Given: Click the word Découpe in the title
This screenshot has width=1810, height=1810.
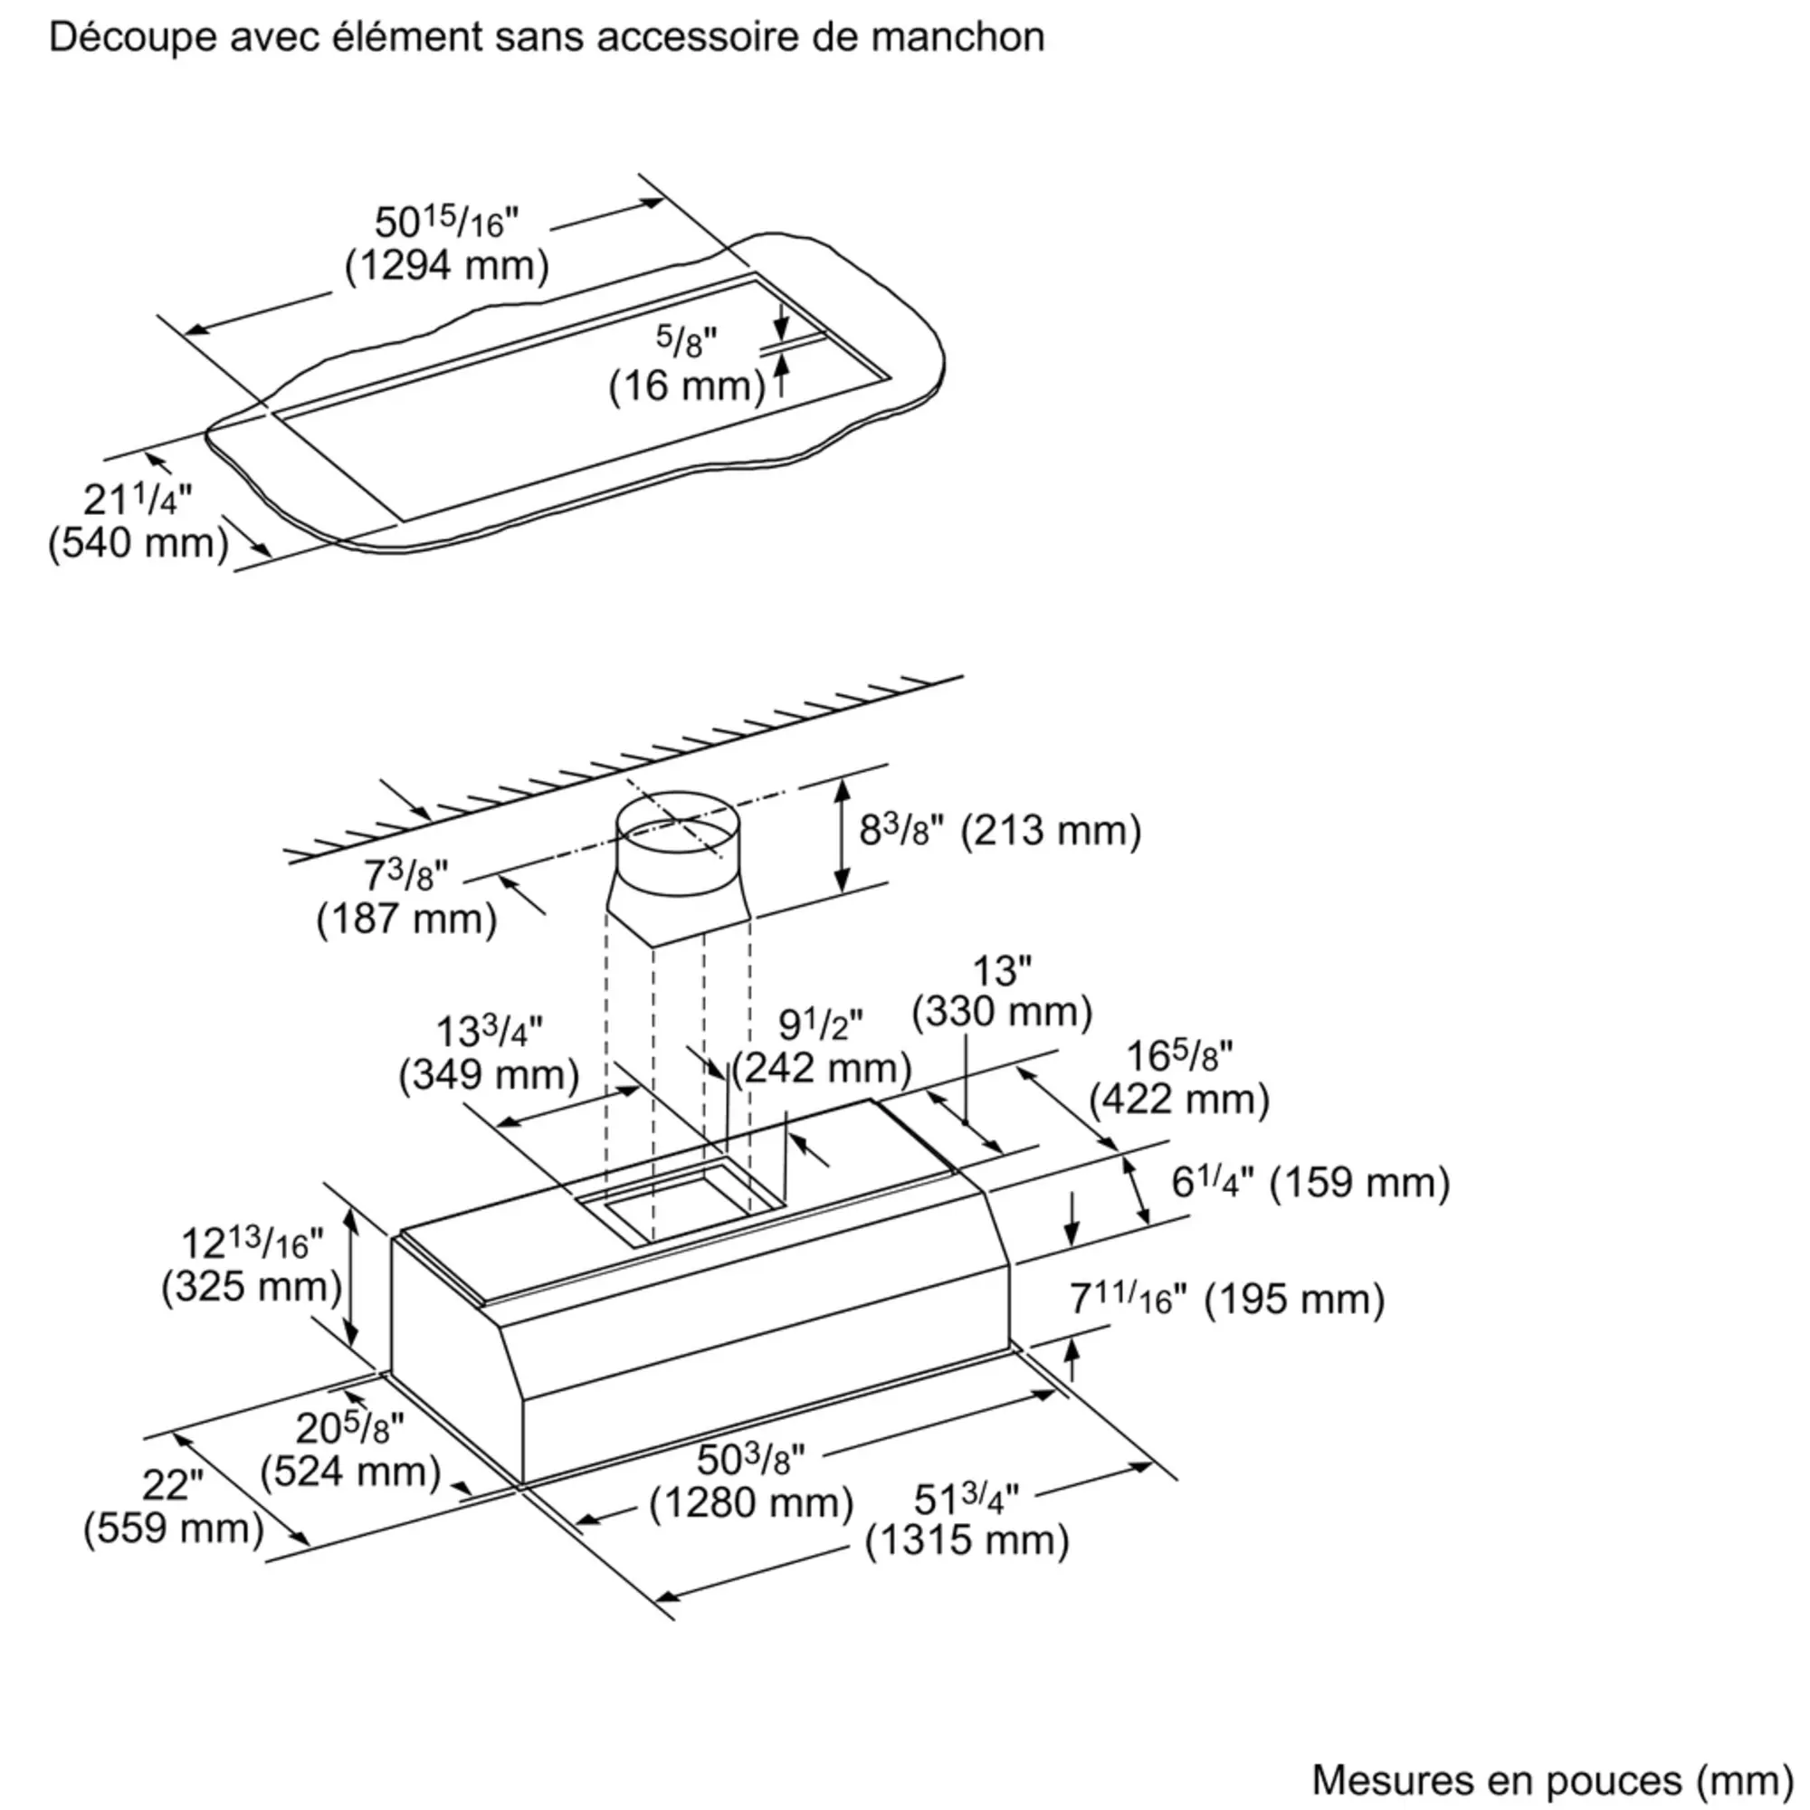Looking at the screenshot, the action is click(133, 37).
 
